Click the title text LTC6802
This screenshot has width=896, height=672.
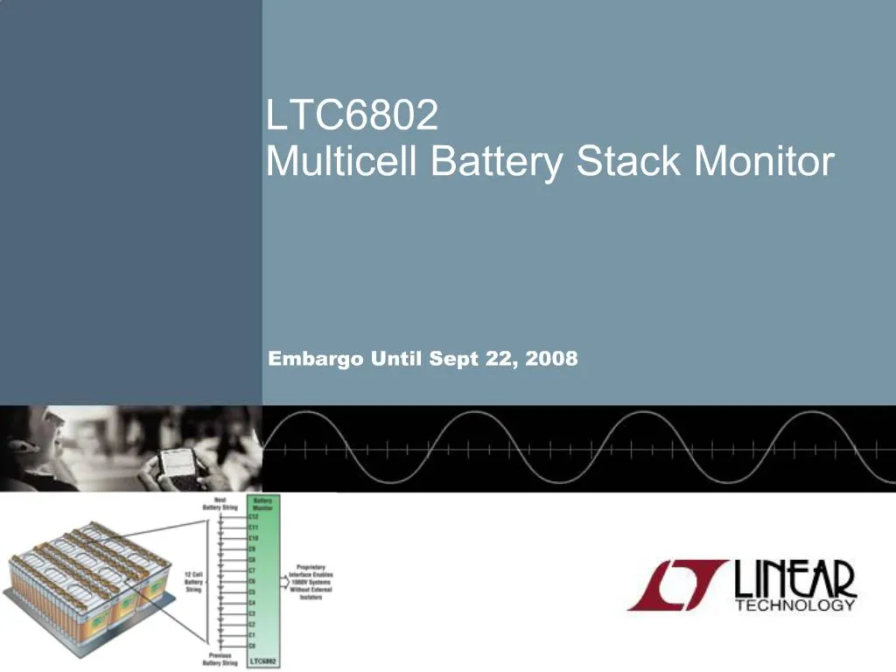click(351, 116)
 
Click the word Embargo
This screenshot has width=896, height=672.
click(315, 359)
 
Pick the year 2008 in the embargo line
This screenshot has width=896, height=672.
click(552, 359)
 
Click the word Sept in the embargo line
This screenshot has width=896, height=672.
click(452, 359)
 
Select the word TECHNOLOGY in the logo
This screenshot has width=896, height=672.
click(794, 605)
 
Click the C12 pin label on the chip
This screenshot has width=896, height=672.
click(254, 517)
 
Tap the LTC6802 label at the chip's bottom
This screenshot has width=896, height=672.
click(263, 661)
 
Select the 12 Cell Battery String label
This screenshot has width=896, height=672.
click(194, 581)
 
